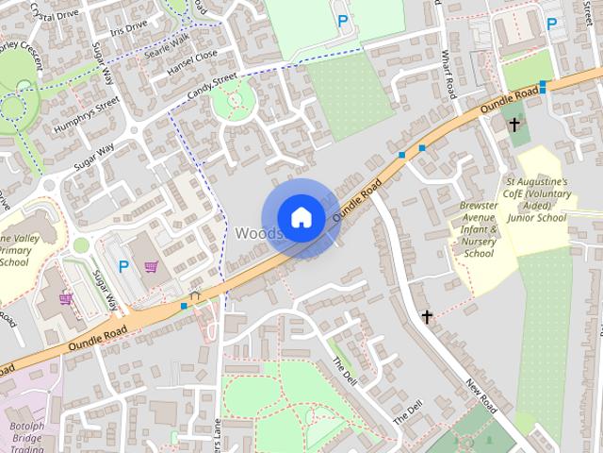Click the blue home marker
(301, 217)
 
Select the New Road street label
(481, 397)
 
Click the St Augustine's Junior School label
(536, 199)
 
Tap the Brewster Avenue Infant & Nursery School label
(479, 229)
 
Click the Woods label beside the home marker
(256, 232)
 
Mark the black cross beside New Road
(428, 317)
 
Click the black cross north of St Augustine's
(514, 124)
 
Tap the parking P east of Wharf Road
(553, 22)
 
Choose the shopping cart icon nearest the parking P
(151, 267)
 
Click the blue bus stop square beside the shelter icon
(183, 306)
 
